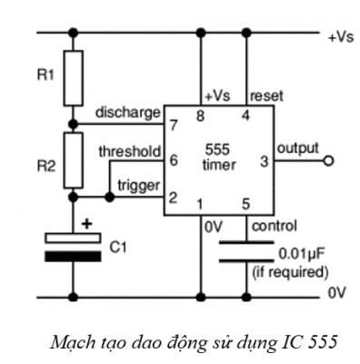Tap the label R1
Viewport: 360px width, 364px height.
44,72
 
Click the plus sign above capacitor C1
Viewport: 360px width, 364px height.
87,221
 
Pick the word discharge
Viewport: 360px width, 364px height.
127,113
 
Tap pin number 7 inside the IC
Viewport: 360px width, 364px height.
172,125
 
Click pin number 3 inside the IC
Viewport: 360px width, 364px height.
263,163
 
